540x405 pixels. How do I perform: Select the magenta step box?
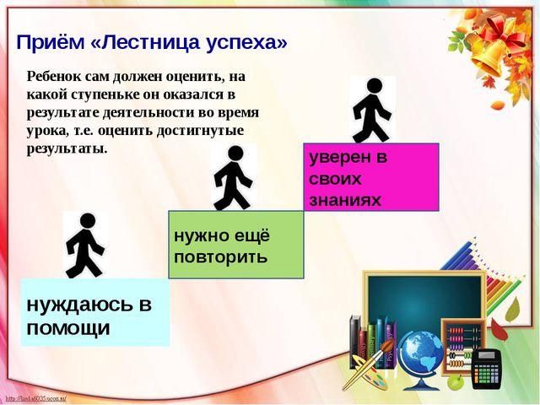(371, 177)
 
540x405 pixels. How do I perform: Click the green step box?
(236, 245)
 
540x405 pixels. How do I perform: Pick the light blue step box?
(95, 312)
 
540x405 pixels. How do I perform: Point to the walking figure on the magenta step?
(372, 111)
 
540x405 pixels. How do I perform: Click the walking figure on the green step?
(233, 178)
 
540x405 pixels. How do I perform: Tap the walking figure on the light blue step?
(85, 246)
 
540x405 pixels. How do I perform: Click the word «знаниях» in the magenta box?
(345, 200)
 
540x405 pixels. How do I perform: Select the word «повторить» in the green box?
(221, 256)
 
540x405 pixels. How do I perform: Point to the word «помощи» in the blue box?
(68, 328)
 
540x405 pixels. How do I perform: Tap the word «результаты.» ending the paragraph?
(67, 149)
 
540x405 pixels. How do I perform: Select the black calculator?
(487, 369)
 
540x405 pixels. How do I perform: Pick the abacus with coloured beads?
(462, 346)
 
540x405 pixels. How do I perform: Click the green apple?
(456, 382)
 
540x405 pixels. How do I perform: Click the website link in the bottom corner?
(35, 399)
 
